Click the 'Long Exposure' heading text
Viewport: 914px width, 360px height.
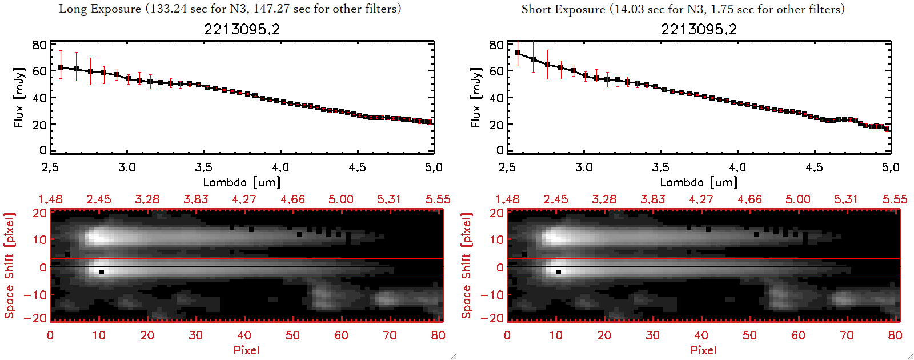[x=99, y=9]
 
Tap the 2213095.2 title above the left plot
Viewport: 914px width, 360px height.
[x=242, y=29]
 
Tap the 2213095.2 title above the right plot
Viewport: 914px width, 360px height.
[x=699, y=29]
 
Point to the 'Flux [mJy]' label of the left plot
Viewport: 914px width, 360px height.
[x=19, y=97]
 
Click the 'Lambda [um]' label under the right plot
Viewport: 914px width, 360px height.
[x=699, y=182]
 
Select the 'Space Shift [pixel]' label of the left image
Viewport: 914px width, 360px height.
[x=9, y=266]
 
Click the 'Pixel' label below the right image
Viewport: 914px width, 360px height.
[x=703, y=350]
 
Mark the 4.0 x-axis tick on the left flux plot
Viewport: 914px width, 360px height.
[x=280, y=167]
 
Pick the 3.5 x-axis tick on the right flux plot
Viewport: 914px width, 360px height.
[x=660, y=167]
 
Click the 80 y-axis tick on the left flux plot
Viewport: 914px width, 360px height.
[x=39, y=45]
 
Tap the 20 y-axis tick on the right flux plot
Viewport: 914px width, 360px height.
[x=496, y=125]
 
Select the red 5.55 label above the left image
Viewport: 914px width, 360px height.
[x=438, y=199]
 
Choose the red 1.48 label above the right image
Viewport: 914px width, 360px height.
[x=507, y=199]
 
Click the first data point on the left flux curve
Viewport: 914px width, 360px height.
[x=61, y=67]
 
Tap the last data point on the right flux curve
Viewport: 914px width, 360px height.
[x=887, y=129]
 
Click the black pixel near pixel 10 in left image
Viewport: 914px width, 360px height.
[x=101, y=272]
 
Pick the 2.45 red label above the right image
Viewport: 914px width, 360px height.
[x=555, y=199]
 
